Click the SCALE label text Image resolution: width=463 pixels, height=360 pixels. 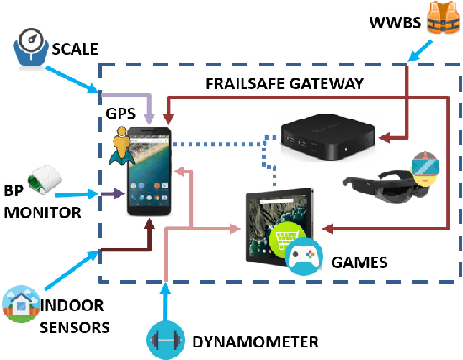[x=75, y=49]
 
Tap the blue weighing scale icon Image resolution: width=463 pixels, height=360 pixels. [x=31, y=49]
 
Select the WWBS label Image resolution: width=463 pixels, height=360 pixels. [x=395, y=23]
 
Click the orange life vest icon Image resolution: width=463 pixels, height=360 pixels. [x=443, y=17]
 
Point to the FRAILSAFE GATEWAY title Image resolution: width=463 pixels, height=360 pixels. [x=285, y=83]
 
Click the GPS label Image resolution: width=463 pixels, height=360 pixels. [x=120, y=114]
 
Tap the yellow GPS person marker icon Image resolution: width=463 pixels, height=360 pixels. [x=122, y=146]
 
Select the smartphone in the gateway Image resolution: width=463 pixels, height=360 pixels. [x=149, y=171]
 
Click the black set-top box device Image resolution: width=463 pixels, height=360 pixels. [x=327, y=137]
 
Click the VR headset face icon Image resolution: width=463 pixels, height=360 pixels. [x=425, y=168]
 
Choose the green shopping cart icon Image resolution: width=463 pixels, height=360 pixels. [x=285, y=237]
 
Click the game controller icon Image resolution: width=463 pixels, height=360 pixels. [x=303, y=256]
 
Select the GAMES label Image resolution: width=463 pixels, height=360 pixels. [x=359, y=262]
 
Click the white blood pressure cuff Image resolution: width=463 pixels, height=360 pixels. [x=45, y=180]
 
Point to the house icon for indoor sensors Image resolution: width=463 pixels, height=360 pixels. [x=21, y=304]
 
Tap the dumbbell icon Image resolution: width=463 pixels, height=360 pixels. [x=166, y=340]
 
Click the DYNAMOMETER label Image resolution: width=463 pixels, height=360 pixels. [x=255, y=342]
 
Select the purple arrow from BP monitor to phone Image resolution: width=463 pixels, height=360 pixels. [x=113, y=193]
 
